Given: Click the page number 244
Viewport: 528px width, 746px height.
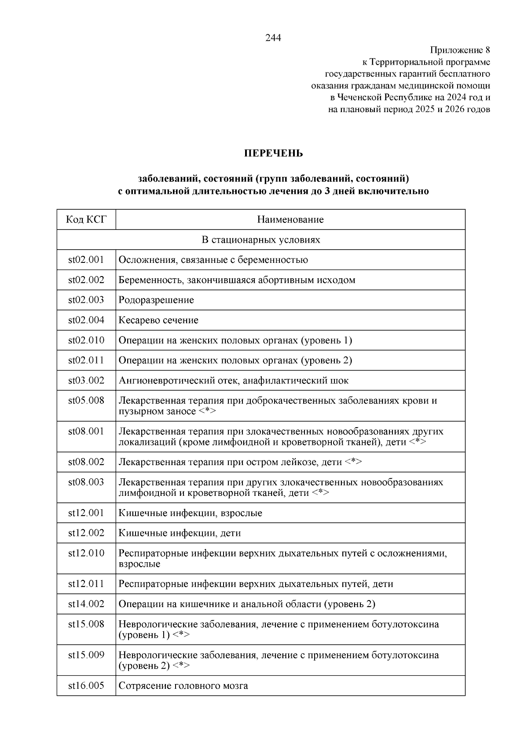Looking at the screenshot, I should click(x=273, y=38).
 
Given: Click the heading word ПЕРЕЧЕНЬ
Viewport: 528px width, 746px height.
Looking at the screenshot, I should click(x=273, y=153).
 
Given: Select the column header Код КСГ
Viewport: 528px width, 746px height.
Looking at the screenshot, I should click(x=86, y=219).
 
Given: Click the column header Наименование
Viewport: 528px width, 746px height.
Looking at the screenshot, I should click(x=290, y=219).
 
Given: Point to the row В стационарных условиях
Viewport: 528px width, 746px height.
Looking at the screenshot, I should click(x=261, y=240).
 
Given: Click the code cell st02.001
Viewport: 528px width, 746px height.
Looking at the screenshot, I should click(x=86, y=260).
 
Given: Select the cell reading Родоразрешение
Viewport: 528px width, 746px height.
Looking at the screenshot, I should click(x=156, y=300).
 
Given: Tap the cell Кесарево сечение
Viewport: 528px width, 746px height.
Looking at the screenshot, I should click(x=158, y=320).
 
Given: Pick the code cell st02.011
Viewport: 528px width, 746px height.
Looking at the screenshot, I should click(x=86, y=360).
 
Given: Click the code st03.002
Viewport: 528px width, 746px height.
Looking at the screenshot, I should click(x=86, y=381).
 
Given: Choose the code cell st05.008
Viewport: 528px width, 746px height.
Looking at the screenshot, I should click(x=86, y=401).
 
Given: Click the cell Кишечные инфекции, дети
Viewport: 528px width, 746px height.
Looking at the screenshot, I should click(x=180, y=533).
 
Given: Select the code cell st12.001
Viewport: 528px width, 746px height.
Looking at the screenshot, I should click(x=86, y=513).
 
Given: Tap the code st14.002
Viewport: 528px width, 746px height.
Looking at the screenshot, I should click(x=86, y=604).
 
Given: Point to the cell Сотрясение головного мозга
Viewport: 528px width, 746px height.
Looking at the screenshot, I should click(x=183, y=686).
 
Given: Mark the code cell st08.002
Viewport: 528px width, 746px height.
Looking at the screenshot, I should click(x=86, y=462).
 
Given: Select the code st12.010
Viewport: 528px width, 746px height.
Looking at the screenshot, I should click(x=86, y=553).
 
